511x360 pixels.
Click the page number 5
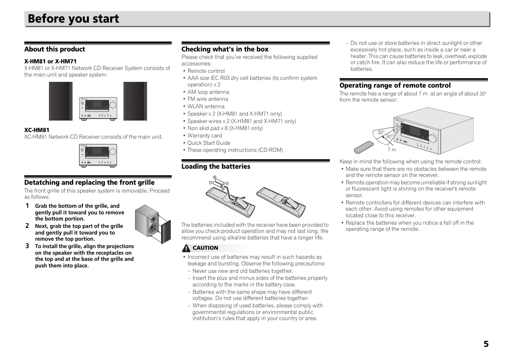click(x=486, y=344)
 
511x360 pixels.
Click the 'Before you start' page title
click(x=73, y=19)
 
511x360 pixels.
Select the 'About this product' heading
click(x=54, y=49)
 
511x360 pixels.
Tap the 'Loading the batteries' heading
click(x=216, y=167)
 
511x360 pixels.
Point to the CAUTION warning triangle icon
click(x=186, y=248)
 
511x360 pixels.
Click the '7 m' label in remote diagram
click(x=392, y=150)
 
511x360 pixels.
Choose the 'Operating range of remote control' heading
click(x=395, y=86)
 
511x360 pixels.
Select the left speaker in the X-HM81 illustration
click(x=61, y=101)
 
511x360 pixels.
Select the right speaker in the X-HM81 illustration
click(x=135, y=101)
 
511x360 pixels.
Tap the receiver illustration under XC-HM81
click(x=98, y=155)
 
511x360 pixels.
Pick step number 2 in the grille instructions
click(x=27, y=226)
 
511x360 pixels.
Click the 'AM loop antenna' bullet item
click(x=208, y=92)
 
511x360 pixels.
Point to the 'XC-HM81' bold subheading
click(x=37, y=130)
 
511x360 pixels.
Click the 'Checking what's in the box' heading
click(x=225, y=49)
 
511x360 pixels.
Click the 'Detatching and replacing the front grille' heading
click(x=89, y=183)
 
